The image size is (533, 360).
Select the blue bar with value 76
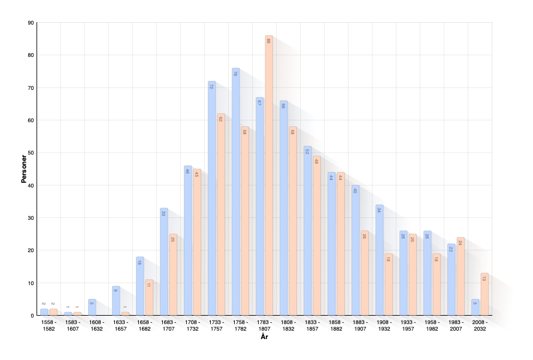[235, 192]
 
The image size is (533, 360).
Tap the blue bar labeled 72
[211, 198]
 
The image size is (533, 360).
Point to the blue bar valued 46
[187, 240]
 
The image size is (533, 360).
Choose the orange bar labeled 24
[461, 276]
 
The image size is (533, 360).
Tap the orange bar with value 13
[484, 294]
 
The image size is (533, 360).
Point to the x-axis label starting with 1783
[264, 324]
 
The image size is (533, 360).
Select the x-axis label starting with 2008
[479, 323]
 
